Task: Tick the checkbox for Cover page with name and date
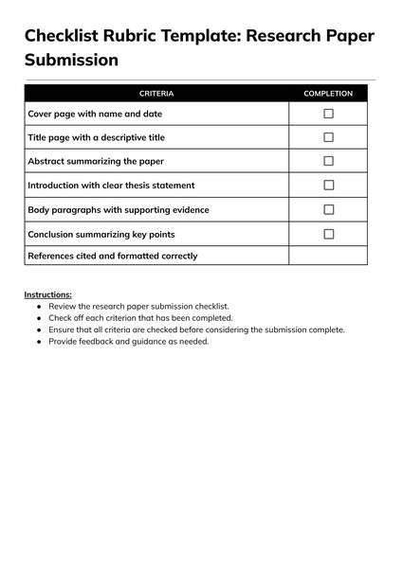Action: click(328, 114)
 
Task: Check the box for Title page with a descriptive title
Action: click(328, 137)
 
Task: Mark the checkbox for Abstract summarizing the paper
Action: click(328, 161)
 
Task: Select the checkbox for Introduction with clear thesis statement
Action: click(328, 186)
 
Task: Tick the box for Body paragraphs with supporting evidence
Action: click(328, 209)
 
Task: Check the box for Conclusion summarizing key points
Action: click(328, 234)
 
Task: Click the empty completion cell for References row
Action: click(328, 256)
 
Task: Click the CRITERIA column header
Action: click(156, 94)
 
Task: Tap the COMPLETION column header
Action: click(328, 94)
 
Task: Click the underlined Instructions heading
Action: click(47, 294)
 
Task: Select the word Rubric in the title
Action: click(149, 36)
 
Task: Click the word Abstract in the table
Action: click(48, 161)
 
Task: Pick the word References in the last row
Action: click(54, 256)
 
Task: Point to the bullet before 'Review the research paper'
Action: click(39, 307)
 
